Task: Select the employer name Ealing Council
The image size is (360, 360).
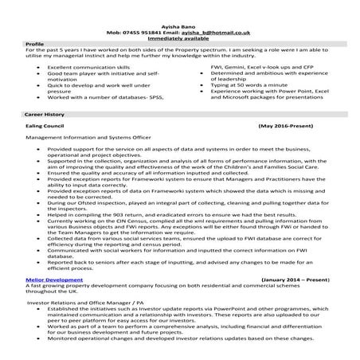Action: (x=47, y=127)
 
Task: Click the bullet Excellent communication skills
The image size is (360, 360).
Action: (x=85, y=69)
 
